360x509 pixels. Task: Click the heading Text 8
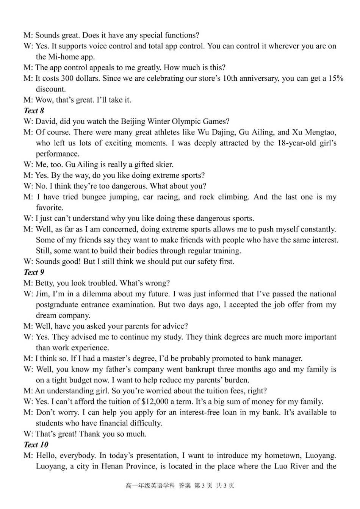point(34,111)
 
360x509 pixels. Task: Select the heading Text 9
point(34,272)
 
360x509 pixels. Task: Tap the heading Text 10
point(36,445)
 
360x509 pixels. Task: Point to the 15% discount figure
point(336,78)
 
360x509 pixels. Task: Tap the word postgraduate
point(58,305)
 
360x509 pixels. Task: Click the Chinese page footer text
point(180,486)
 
